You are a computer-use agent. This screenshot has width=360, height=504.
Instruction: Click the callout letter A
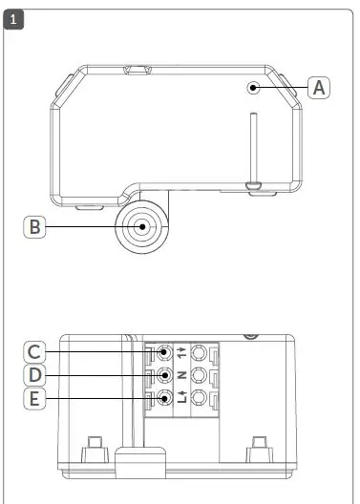click(320, 87)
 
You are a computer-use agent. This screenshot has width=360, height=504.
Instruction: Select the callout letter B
click(35, 227)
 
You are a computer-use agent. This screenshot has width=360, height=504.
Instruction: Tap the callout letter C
click(35, 352)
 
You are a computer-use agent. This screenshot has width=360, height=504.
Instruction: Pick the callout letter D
click(35, 374)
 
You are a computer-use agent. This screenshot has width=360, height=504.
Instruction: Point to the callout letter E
click(35, 398)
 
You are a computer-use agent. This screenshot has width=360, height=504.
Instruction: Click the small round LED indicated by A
click(254, 88)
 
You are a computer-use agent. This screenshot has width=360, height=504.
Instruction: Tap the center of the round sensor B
click(142, 228)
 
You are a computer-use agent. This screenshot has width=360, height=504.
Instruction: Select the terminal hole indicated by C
click(165, 352)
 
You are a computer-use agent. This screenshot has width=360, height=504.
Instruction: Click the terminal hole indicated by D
click(165, 374)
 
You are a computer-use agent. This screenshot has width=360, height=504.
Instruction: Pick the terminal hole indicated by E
click(165, 398)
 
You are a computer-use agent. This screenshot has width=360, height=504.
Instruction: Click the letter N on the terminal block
click(181, 375)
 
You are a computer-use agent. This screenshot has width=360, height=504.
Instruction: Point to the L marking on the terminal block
click(181, 401)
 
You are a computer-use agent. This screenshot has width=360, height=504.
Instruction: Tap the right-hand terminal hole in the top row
click(200, 352)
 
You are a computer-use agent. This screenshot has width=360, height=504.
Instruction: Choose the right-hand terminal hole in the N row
click(200, 374)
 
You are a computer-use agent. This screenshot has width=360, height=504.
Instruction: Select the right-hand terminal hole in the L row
click(200, 398)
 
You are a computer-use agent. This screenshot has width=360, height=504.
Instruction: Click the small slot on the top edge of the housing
click(136, 70)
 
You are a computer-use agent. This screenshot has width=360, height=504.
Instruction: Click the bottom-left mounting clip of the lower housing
click(95, 447)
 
